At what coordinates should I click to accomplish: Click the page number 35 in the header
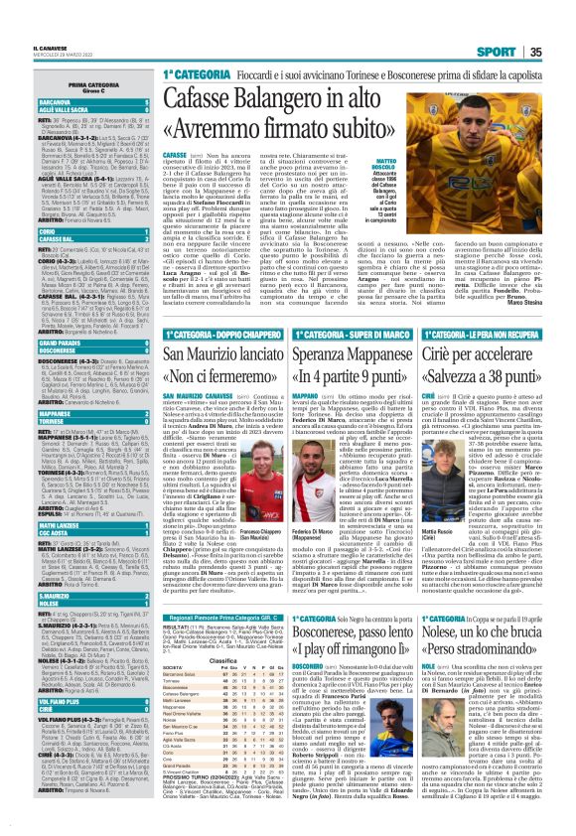point(561,25)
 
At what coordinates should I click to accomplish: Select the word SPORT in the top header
point(517,25)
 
